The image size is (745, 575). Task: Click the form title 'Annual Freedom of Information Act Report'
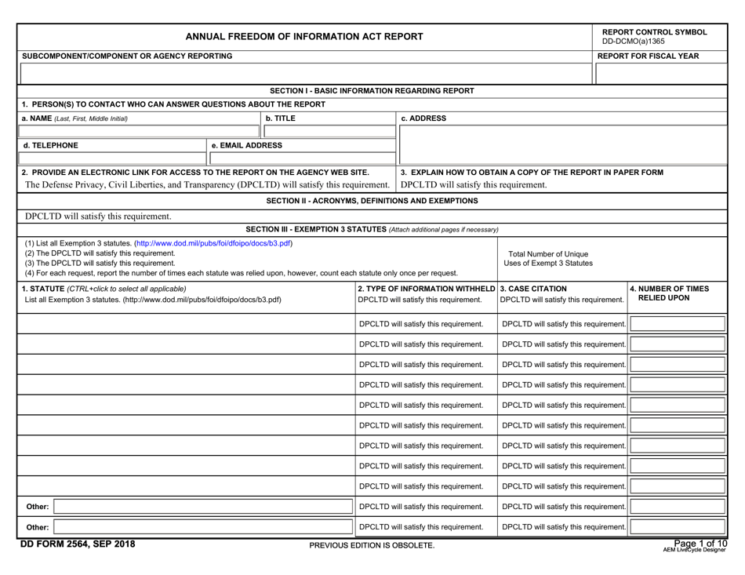tap(304, 36)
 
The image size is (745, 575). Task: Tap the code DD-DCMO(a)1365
tap(633, 42)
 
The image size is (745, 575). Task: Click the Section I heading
tap(372, 90)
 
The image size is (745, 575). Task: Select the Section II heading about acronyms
tap(372, 201)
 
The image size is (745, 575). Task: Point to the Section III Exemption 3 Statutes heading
tap(372, 228)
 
